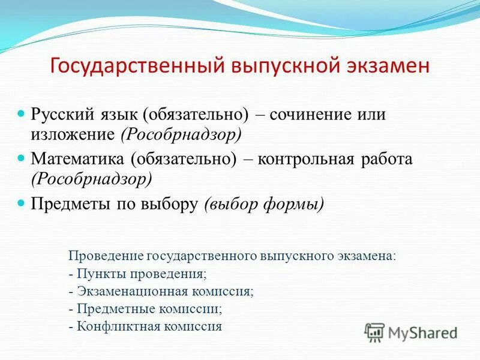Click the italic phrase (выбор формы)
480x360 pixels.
[264, 205]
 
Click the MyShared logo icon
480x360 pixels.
[375, 332]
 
